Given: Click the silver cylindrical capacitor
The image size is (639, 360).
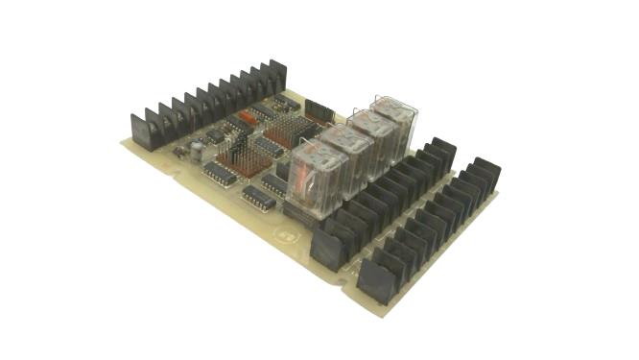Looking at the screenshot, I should pyautogui.click(x=196, y=150).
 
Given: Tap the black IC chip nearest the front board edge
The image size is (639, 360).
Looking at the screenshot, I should pyautogui.click(x=258, y=198).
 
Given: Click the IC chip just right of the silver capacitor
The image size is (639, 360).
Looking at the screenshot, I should pyautogui.click(x=220, y=174).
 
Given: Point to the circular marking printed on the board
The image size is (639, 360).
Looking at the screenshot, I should pyautogui.click(x=284, y=233).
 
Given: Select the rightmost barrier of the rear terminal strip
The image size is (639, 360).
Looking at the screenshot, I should pyautogui.click(x=277, y=75).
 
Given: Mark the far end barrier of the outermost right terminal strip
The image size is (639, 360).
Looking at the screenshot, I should pyautogui.click(x=485, y=176).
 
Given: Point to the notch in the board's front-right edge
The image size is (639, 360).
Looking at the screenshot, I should pyautogui.click(x=343, y=282).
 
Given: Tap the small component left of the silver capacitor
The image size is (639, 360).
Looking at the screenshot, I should pyautogui.click(x=178, y=152).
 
